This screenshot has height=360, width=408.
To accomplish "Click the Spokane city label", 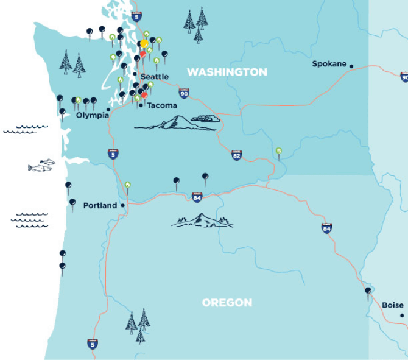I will tap(329, 63).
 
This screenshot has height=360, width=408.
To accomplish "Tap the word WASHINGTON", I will tap(227, 72).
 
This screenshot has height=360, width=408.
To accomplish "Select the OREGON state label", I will tap(227, 303).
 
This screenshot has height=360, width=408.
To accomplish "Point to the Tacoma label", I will tap(162, 105).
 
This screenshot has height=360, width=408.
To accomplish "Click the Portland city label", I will tap(100, 205).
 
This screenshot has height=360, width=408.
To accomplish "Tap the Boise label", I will tap(392, 305).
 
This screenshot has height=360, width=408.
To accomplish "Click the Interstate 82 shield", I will tap(236, 156).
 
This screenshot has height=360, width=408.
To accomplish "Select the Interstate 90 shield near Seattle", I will tap(184, 93).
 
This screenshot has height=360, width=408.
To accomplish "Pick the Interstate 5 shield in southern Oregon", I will tap(93, 344).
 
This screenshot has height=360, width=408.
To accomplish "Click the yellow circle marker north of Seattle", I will tap(144, 44).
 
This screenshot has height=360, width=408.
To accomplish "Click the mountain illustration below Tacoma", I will tap(177, 122).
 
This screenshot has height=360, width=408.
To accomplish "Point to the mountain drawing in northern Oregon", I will tap(202, 221).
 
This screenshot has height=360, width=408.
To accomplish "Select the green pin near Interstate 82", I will tap(279, 151).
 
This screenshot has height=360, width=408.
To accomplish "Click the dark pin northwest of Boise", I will tap(368, 292).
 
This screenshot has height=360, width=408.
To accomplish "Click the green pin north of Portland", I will tap(127, 185).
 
